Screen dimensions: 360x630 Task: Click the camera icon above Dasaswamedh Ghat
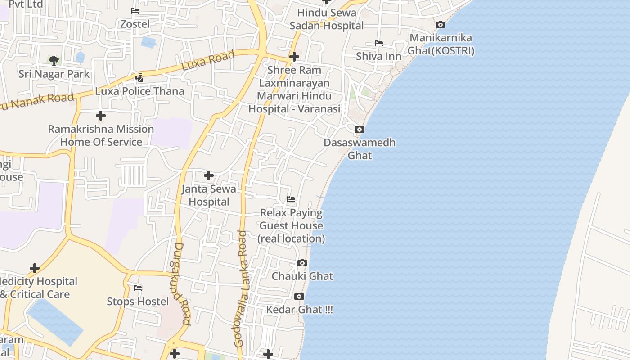pyautogui.click(x=359, y=130)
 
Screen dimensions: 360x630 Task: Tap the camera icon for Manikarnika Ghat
pyautogui.click(x=441, y=25)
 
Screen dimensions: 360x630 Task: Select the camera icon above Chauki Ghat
pyautogui.click(x=302, y=263)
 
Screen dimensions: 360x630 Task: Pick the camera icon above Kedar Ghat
pyautogui.click(x=299, y=296)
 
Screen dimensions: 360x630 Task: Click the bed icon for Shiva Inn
pyautogui.click(x=379, y=43)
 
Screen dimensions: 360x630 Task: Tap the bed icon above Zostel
pyautogui.click(x=135, y=10)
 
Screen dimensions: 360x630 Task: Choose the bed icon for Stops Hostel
pyautogui.click(x=138, y=288)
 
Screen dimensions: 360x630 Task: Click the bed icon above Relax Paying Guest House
pyautogui.click(x=291, y=199)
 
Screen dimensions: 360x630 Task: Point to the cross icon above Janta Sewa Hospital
pyautogui.click(x=209, y=175)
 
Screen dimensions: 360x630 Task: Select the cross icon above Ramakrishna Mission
pyautogui.click(x=101, y=116)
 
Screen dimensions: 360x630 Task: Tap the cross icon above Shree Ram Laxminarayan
pyautogui.click(x=294, y=57)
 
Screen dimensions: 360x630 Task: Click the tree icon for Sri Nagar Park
pyautogui.click(x=54, y=60)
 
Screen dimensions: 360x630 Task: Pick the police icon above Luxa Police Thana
pyautogui.click(x=139, y=78)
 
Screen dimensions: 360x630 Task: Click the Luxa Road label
pyautogui.click(x=208, y=61)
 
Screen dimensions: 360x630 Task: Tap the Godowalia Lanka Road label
pyautogui.click(x=241, y=288)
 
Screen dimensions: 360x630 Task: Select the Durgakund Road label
pyautogui.click(x=182, y=283)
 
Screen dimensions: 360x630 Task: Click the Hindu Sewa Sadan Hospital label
pyautogui.click(x=327, y=19)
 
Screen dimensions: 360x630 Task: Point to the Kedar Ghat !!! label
pyautogui.click(x=300, y=310)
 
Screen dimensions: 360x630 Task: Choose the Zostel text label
pyautogui.click(x=135, y=24)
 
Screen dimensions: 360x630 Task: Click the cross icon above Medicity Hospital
pyautogui.click(x=35, y=268)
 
